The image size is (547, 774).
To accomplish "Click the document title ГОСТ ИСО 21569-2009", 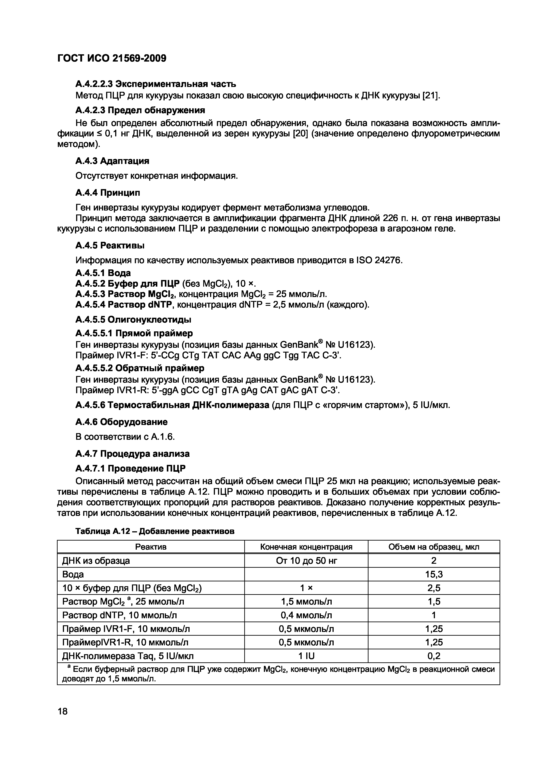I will [x=112, y=59].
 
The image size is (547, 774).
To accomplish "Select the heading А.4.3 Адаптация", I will [x=112, y=161].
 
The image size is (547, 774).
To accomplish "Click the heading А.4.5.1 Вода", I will [x=103, y=273].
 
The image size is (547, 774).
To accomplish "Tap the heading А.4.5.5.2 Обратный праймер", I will [x=140, y=368].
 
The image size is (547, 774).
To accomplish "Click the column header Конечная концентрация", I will [x=306, y=547].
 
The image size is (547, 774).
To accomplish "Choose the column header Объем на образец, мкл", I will [x=434, y=547].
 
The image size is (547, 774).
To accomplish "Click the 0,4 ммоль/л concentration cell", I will [x=306, y=615].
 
